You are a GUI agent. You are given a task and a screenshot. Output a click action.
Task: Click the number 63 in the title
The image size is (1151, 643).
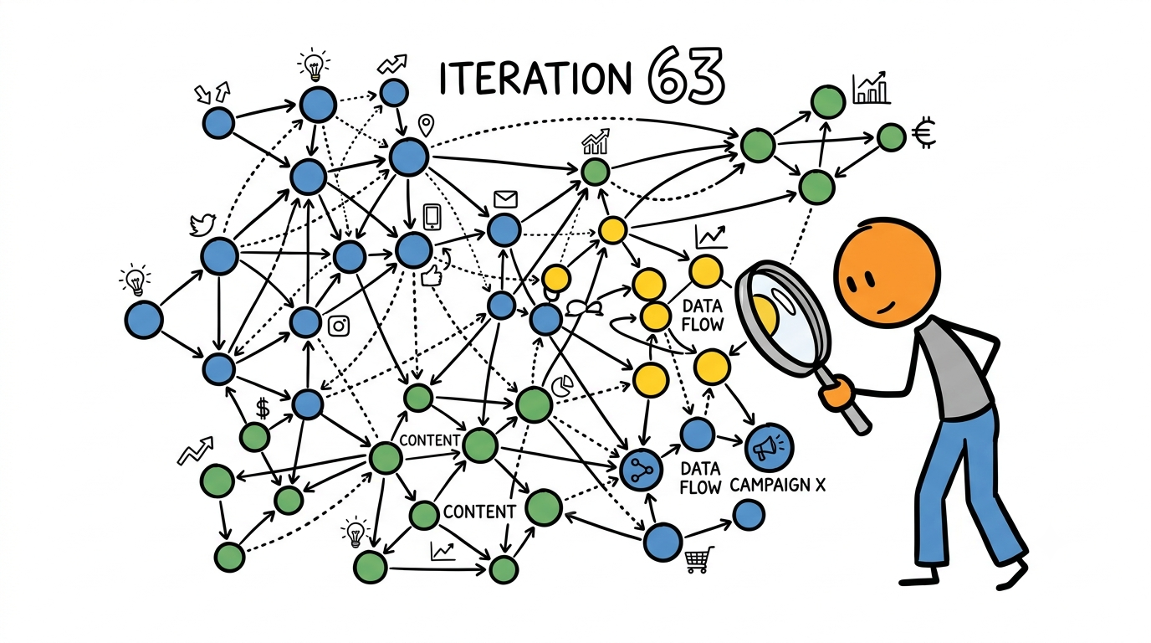tap(687, 75)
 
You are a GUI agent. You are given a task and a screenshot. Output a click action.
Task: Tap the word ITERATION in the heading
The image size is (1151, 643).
tap(535, 79)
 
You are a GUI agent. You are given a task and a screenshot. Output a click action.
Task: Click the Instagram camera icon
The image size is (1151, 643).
tap(339, 326)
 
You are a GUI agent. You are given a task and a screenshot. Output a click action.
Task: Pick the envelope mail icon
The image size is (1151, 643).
tap(505, 198)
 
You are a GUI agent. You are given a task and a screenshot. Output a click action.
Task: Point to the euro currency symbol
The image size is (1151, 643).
tap(923, 134)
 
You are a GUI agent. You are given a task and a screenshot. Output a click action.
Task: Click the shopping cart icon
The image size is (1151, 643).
tap(699, 559)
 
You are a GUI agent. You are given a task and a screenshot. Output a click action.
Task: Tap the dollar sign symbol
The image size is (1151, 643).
tap(263, 409)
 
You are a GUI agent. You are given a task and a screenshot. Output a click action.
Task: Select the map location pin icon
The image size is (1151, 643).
tap(426, 125)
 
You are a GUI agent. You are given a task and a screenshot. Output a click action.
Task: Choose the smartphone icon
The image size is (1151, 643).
tap(432, 217)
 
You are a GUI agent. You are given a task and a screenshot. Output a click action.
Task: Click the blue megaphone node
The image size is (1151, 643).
tap(769, 448)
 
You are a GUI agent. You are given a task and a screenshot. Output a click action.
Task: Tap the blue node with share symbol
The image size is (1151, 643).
tap(641, 470)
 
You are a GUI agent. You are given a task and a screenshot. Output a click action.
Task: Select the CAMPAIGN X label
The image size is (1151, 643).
tap(777, 485)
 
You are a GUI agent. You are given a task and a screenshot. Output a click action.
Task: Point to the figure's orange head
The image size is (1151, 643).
tap(887, 271)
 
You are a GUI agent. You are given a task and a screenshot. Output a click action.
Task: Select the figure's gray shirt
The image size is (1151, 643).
tap(954, 368)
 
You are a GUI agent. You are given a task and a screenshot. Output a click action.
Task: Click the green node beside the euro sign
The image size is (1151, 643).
tap(891, 137)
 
